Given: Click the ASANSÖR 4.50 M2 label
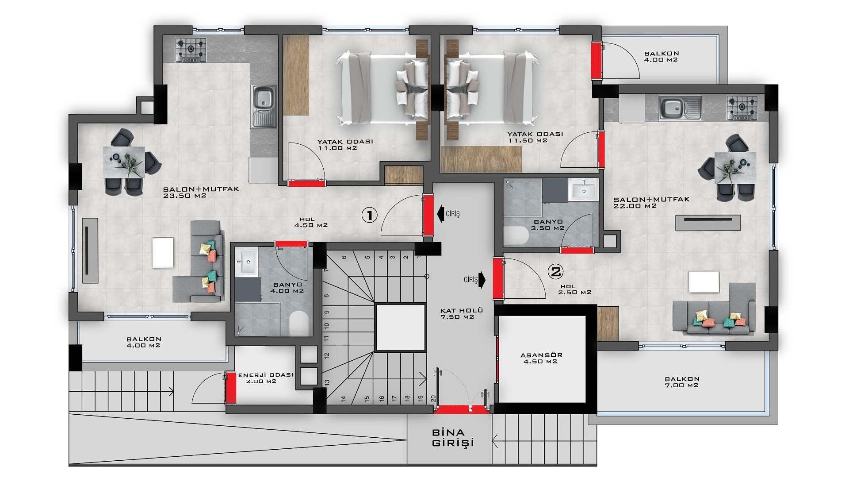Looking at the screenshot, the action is point(541,358).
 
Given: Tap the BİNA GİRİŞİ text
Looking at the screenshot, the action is point(453,438).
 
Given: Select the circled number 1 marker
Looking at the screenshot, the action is point(370,215).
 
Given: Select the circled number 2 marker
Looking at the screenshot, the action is point(555,271).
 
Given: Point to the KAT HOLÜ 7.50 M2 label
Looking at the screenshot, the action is point(462,313).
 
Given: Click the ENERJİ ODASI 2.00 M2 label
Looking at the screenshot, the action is point(265,378).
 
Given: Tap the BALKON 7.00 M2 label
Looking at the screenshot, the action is point(682,382).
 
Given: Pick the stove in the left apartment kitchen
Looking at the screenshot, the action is point(191,50).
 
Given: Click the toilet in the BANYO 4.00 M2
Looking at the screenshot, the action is point(299,323).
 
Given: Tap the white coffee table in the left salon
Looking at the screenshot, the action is point(163,253).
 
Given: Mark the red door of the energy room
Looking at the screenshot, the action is point(231,388).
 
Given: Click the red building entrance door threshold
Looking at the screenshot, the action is point(461,409).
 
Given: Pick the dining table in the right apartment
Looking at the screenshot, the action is point(735,167).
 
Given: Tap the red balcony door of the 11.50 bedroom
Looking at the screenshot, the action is point(597,61).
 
